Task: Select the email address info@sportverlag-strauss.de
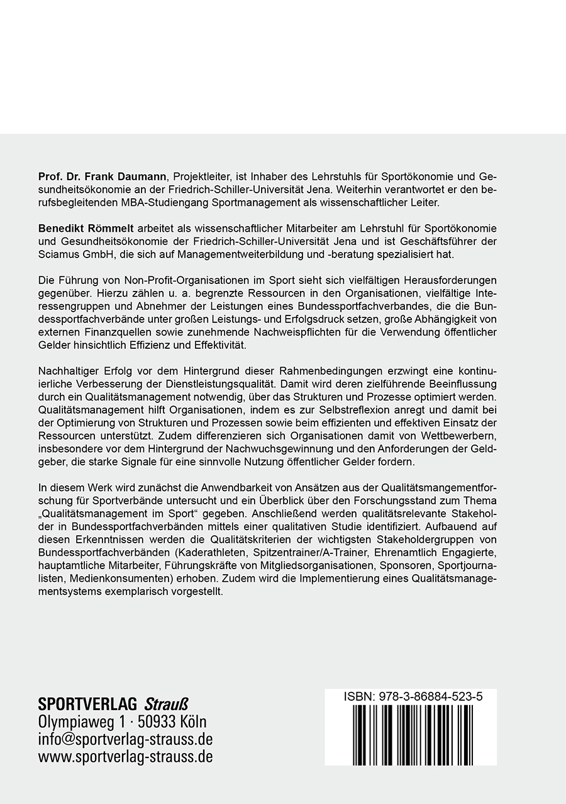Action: pyautogui.click(x=125, y=739)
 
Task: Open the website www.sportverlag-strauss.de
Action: pyautogui.click(x=125, y=757)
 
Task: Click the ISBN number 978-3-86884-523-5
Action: pyautogui.click(x=435, y=698)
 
